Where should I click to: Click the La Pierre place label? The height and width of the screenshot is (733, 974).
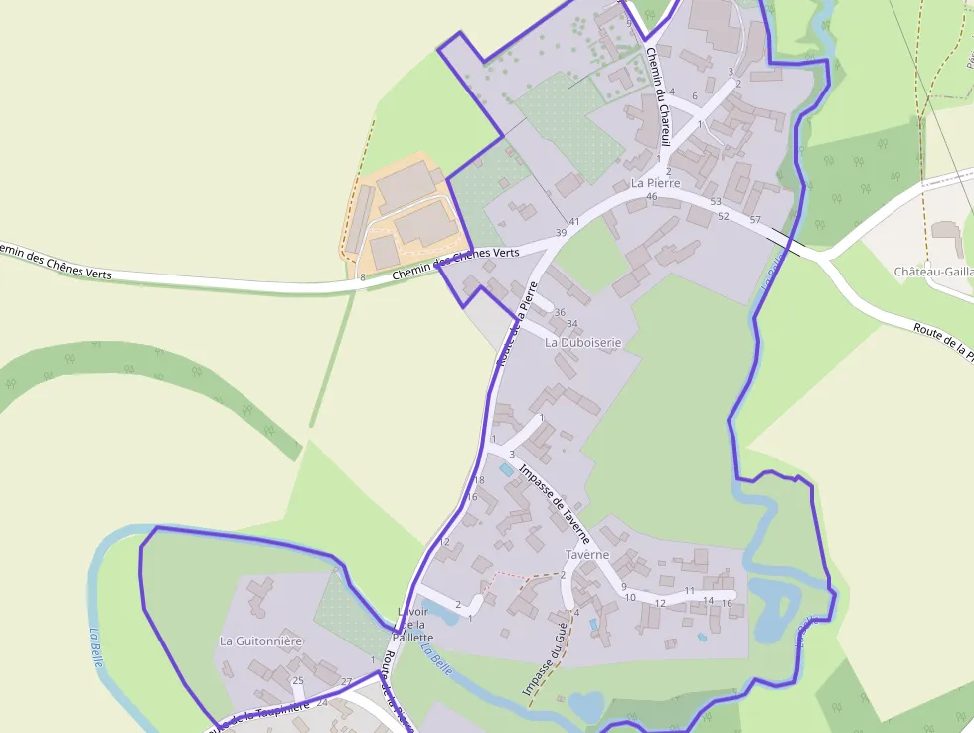point(655,183)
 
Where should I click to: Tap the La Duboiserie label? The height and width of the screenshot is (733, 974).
point(582,342)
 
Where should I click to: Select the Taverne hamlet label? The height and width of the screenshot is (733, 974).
point(586,554)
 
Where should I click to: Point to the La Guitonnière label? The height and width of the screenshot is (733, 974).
point(260,641)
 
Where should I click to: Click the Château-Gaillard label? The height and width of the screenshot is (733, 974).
point(932,272)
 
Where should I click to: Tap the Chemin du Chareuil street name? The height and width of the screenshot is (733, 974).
point(658,97)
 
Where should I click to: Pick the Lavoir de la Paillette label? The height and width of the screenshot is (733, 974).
point(413,625)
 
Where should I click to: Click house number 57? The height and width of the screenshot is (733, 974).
point(755,219)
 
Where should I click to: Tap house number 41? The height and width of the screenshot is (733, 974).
point(574,221)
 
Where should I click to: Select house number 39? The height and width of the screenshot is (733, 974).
point(561,233)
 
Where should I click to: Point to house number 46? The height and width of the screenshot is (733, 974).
point(652,197)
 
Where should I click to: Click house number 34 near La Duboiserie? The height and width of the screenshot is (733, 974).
point(571,324)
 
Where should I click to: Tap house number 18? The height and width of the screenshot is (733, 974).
point(479,480)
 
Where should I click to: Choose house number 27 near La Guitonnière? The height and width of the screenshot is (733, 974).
point(346,681)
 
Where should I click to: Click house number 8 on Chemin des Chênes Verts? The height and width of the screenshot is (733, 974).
point(363,277)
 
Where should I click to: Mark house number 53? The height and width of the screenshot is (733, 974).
point(716,202)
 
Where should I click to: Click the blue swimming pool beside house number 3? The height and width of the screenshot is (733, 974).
point(507,468)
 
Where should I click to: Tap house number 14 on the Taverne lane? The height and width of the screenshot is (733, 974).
point(709,601)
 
